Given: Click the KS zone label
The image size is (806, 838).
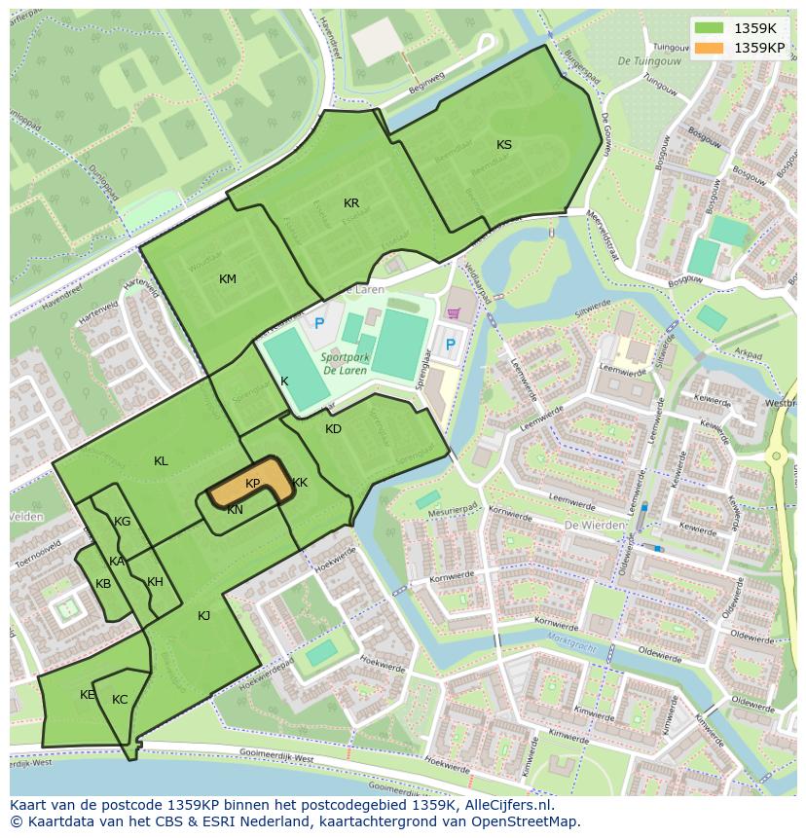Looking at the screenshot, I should [503, 145].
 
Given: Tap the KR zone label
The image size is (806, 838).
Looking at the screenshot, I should [351, 203].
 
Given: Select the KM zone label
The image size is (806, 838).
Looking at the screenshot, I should [227, 279].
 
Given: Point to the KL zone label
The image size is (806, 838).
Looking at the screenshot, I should [161, 461].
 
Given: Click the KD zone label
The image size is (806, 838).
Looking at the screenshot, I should [333, 429].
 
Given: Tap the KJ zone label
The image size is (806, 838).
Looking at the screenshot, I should [203, 615].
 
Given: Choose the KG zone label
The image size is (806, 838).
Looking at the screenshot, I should [122, 522].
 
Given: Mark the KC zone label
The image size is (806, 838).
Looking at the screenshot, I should [120, 700].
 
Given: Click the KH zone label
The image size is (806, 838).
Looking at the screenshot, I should [155, 582].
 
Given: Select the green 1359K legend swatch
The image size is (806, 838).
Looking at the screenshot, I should [709, 28].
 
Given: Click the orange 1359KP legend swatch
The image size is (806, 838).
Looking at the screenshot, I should [709, 48].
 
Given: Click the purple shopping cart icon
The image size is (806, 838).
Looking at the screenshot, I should [453, 313].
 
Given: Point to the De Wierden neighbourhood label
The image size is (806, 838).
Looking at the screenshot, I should [595, 525].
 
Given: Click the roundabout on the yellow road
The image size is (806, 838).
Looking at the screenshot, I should [776, 455].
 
